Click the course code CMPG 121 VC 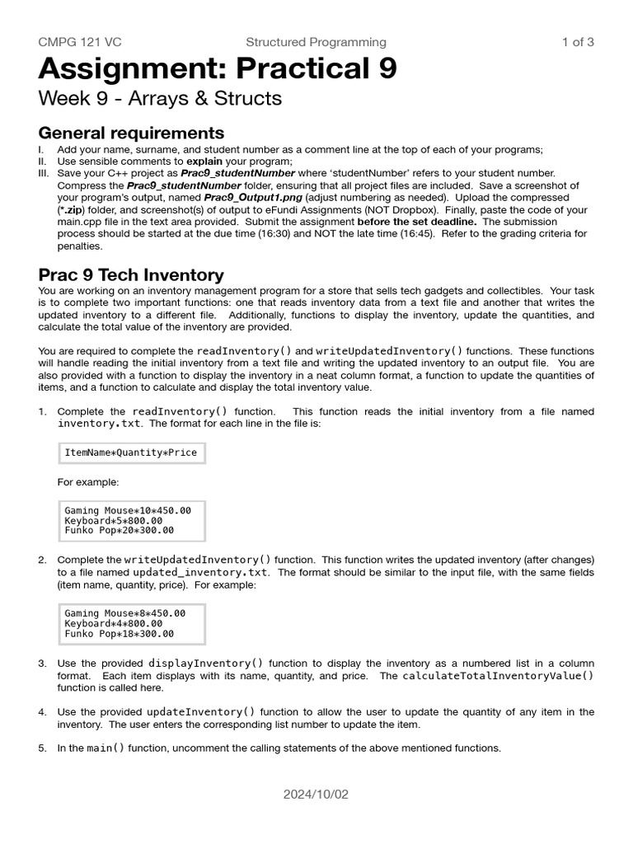pos(80,42)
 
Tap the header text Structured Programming pos(316,42)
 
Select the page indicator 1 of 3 pos(577,42)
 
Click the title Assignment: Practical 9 pos(218,69)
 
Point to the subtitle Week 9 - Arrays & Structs pos(160,99)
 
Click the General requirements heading pos(131,134)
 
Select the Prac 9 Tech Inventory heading pos(131,275)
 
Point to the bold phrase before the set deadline pos(417,222)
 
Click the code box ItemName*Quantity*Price pos(130,453)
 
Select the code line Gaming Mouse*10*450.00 pos(127,510)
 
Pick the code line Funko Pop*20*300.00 pos(119,531)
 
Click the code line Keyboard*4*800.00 pos(113,624)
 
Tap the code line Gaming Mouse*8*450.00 pos(124,613)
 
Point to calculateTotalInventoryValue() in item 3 pos(498,676)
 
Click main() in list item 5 pos(106,748)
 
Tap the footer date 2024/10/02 pos(316,795)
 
